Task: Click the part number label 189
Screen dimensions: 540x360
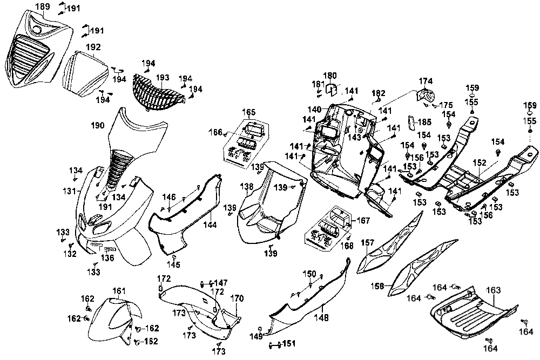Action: click(x=43, y=6)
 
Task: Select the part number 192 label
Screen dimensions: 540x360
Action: click(x=93, y=47)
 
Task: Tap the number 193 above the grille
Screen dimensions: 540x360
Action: click(x=163, y=78)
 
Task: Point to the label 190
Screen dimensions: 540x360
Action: click(x=97, y=125)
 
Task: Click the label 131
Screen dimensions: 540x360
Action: click(x=70, y=191)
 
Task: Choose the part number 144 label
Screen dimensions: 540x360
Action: click(x=210, y=225)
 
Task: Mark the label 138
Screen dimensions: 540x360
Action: click(x=247, y=187)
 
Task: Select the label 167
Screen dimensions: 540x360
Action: click(x=363, y=220)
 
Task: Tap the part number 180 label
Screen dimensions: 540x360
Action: click(x=330, y=76)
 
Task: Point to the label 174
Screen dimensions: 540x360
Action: click(x=426, y=81)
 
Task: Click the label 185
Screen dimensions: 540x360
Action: click(x=424, y=122)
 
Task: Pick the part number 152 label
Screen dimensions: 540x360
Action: click(x=480, y=163)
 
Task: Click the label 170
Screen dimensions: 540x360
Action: click(x=237, y=298)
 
